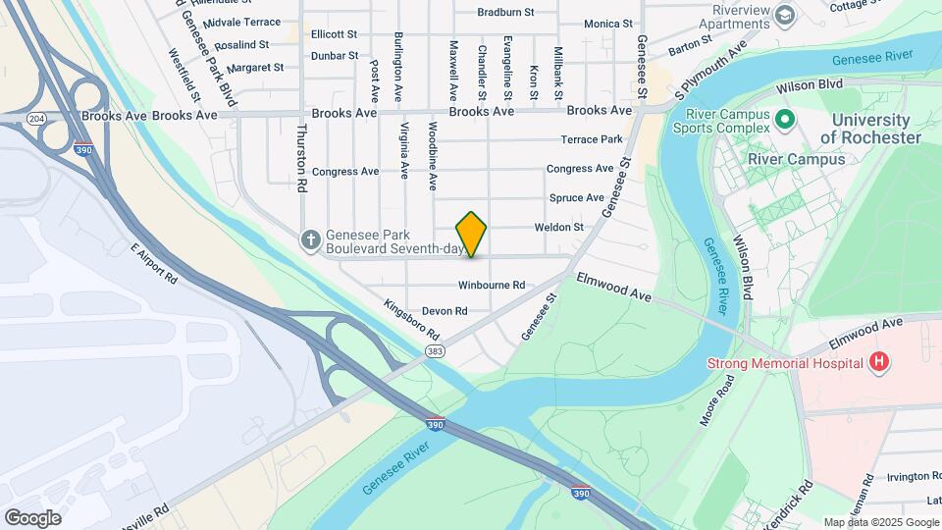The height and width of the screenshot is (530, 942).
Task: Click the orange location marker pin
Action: [471, 235]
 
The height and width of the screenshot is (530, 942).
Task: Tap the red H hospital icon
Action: [879, 363]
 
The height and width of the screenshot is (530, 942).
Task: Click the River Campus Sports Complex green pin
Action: [784, 121]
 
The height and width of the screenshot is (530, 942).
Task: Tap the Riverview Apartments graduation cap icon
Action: [784, 15]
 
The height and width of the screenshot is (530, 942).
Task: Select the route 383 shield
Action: [434, 349]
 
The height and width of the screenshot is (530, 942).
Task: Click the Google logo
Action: [32, 517]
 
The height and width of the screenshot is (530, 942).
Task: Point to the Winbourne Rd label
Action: [492, 286]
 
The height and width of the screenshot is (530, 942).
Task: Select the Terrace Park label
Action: [592, 139]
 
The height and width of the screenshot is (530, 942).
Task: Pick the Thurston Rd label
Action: [302, 157]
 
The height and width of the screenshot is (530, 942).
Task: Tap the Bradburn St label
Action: [505, 13]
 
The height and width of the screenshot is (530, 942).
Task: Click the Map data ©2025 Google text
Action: [881, 522]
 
